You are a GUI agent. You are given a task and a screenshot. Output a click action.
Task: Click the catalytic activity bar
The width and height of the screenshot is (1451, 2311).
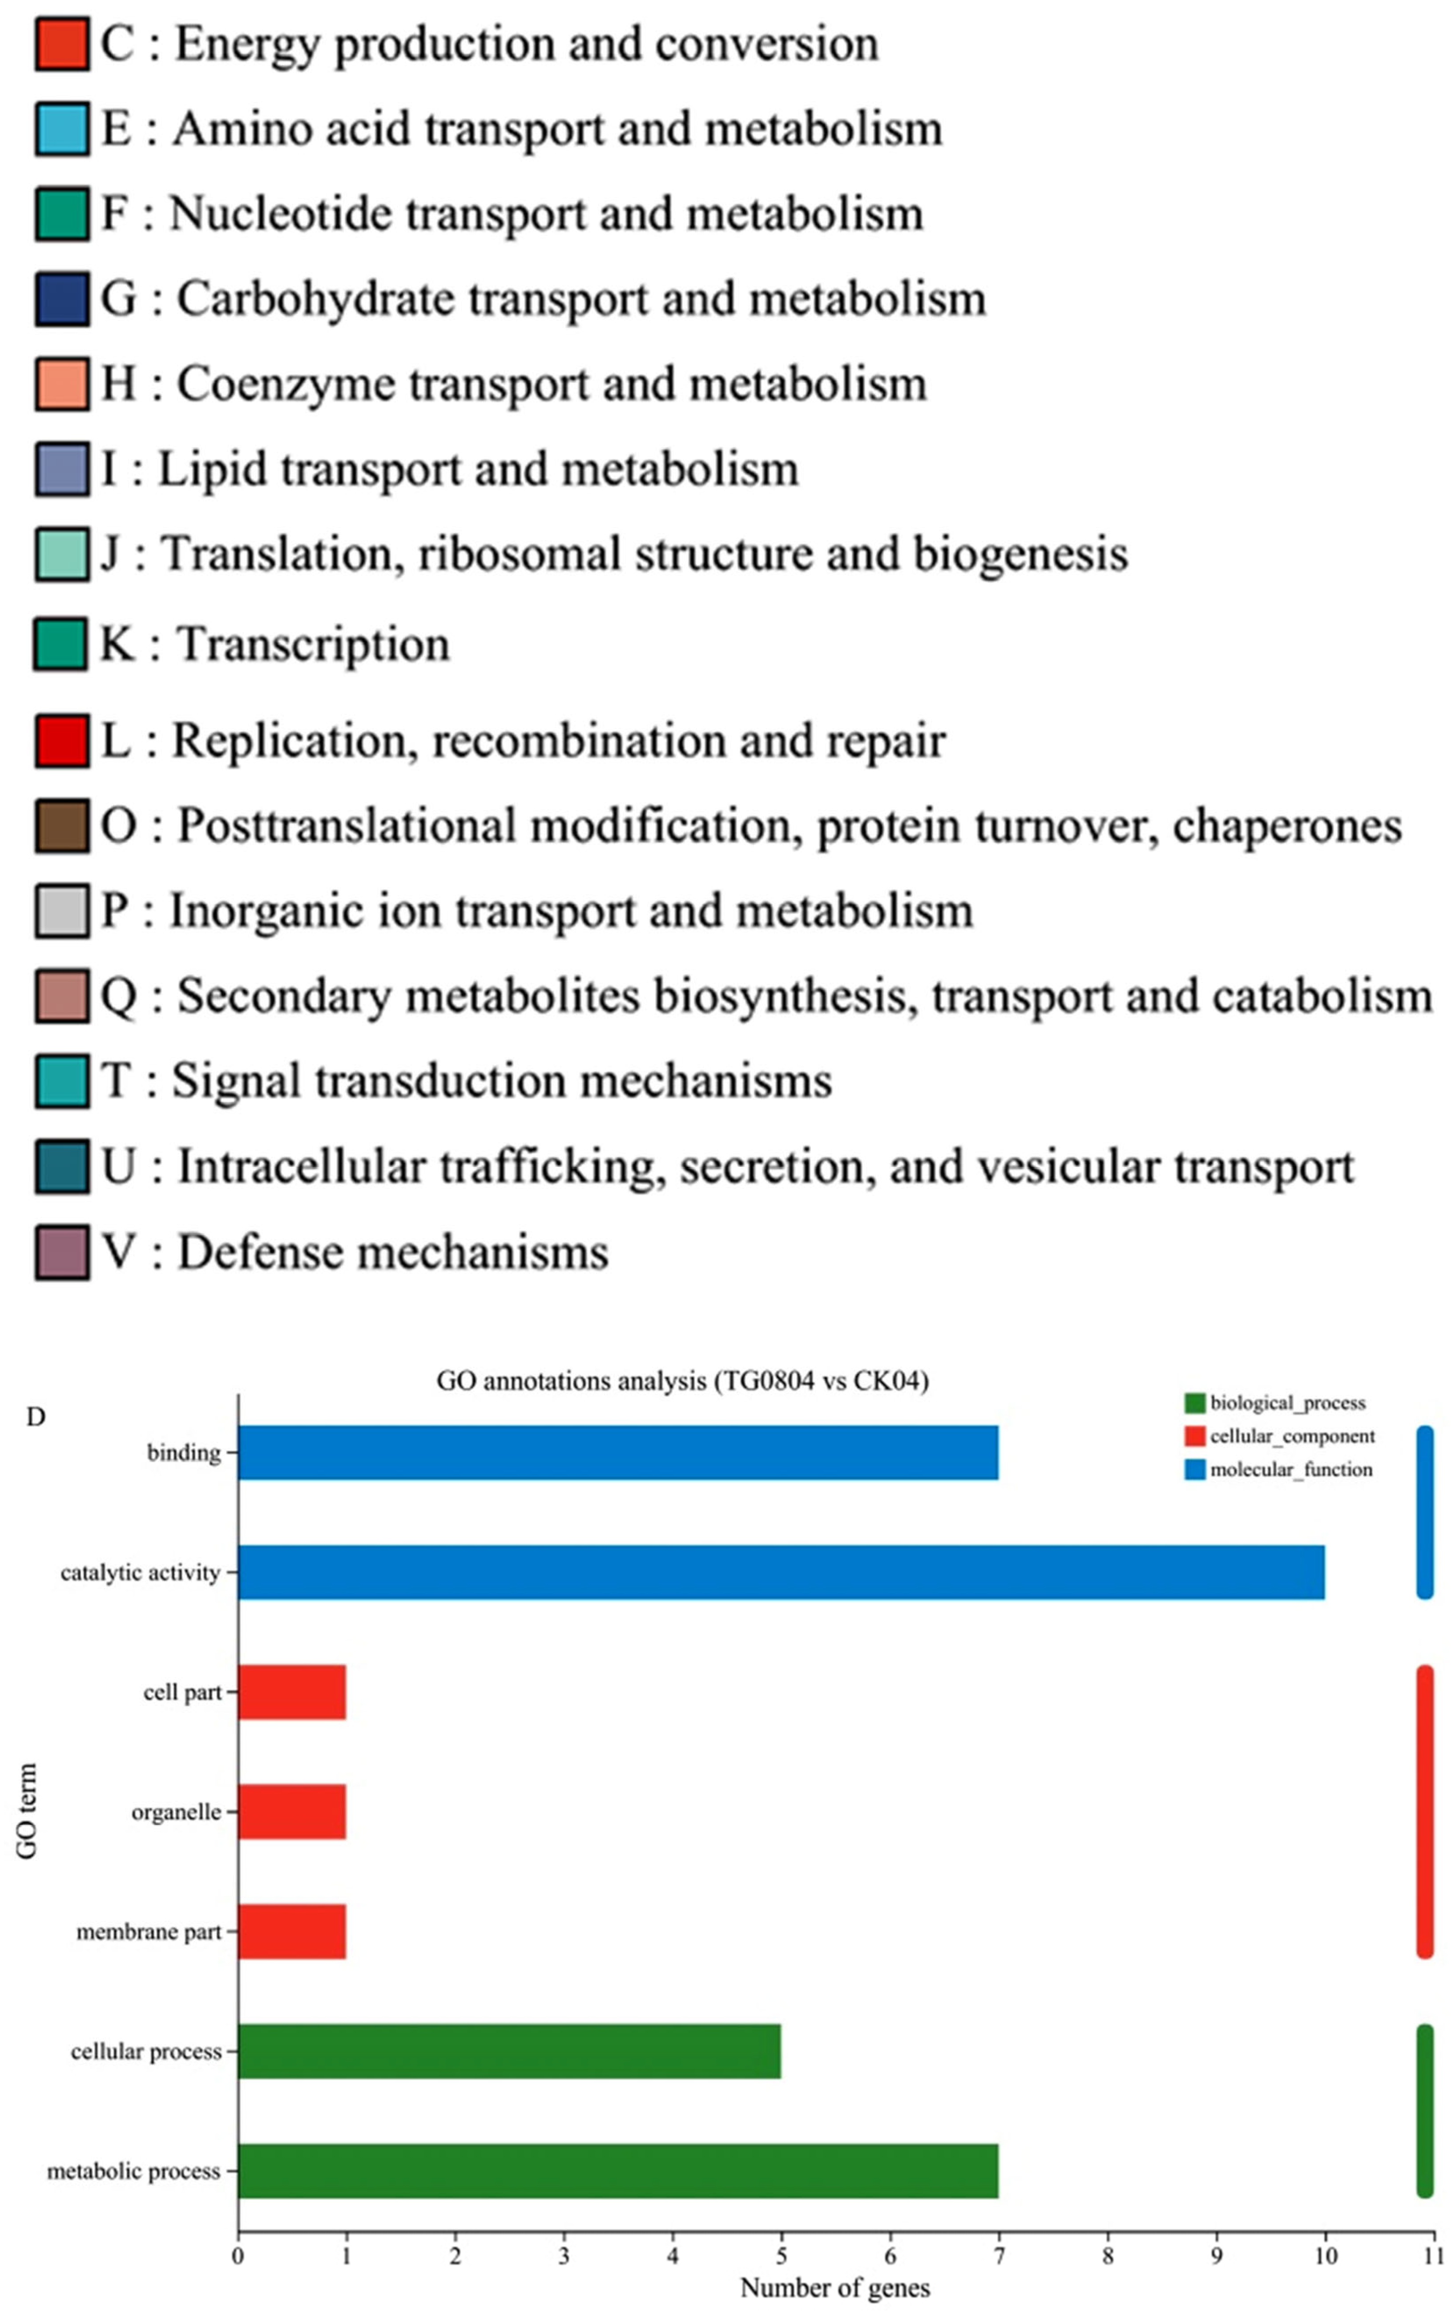(781, 1572)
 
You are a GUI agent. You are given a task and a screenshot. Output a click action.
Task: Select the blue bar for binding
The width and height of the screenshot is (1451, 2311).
(618, 1453)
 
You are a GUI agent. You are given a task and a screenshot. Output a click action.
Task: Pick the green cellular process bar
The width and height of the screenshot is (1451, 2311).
(508, 2051)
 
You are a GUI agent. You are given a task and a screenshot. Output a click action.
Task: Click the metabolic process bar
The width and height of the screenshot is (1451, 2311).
(618, 2171)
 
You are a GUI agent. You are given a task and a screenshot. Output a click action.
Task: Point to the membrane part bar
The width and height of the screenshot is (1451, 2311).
(292, 1931)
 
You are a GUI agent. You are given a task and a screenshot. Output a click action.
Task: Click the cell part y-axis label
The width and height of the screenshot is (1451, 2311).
(182, 1692)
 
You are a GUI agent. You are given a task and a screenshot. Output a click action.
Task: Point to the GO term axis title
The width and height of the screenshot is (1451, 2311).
(27, 1811)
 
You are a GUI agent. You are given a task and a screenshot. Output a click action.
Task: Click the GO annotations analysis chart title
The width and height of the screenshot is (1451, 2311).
(682, 1381)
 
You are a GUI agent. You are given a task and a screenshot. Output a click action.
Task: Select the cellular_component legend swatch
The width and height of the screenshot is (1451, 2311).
(1195, 1436)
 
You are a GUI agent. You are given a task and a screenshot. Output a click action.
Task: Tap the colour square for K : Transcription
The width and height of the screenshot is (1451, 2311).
(61, 644)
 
